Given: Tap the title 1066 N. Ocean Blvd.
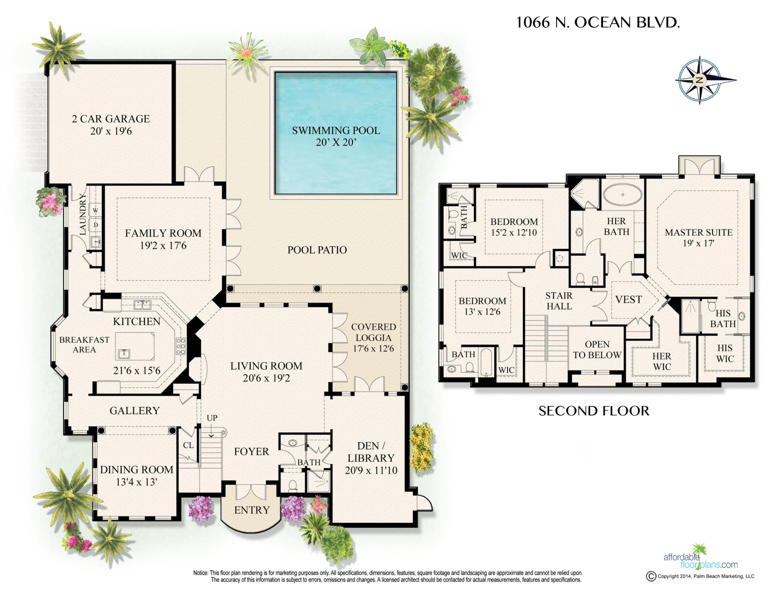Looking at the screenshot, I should coord(598,23).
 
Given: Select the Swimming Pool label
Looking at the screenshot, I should coord(336,130).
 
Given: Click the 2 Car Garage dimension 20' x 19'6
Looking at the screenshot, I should coord(111,131).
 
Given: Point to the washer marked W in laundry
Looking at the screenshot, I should coord(95,210).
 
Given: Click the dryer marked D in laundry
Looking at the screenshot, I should coord(95,225).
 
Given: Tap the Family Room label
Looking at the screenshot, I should coord(163,233).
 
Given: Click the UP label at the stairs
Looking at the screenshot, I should coord(212,418).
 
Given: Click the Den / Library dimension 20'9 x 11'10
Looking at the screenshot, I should coord(371,470).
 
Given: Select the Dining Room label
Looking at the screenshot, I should coord(136,470).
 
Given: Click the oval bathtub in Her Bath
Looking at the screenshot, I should coord(623,195).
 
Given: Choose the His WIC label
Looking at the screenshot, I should coord(725,353).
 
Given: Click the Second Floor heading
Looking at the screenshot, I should coord(594,411).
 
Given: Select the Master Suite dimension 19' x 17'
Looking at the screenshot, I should coord(698,243).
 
